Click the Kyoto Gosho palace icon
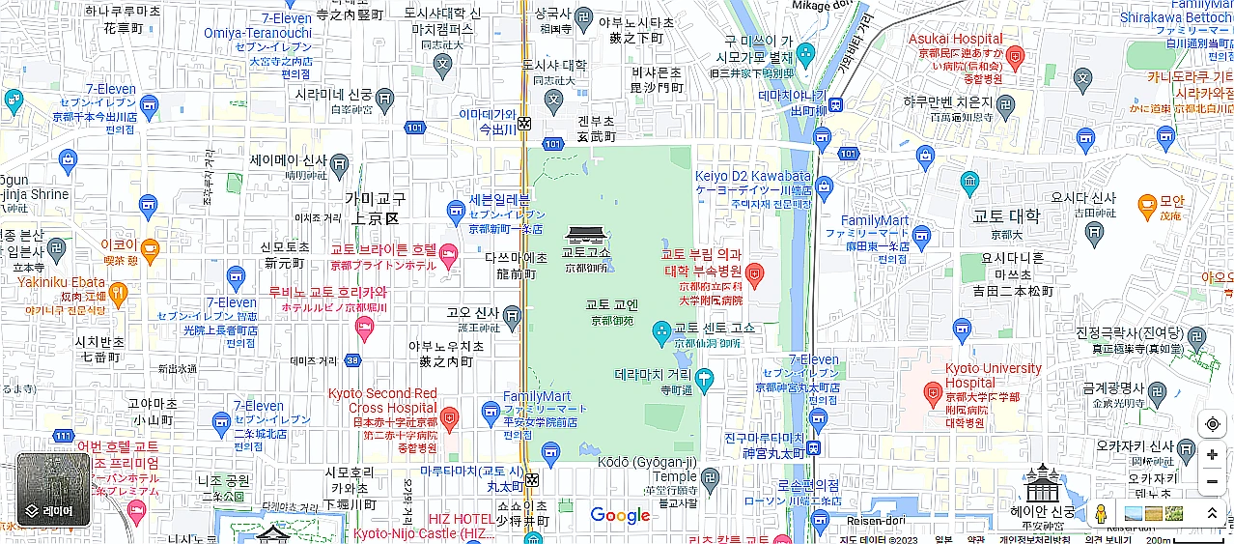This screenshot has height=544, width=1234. point(586,235)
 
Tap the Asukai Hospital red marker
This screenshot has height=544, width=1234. point(1014,57)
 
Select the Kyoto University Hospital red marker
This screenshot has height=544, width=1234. point(932,392)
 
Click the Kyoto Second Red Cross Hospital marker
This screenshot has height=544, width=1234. point(449,416)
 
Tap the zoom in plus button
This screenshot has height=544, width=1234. point(1212,455)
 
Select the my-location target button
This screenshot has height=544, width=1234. point(1212,424)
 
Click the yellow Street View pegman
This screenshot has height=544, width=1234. point(1099,514)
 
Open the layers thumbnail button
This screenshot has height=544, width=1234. point(53,490)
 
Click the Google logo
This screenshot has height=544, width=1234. point(620,516)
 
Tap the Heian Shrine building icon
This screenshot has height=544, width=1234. point(1043,483)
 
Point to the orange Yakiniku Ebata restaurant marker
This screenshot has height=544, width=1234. point(119,290)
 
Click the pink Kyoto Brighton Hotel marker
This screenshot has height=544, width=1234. point(448,254)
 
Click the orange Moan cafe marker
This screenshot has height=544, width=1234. point(1147,204)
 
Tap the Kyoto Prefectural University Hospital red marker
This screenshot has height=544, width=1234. point(755,273)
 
